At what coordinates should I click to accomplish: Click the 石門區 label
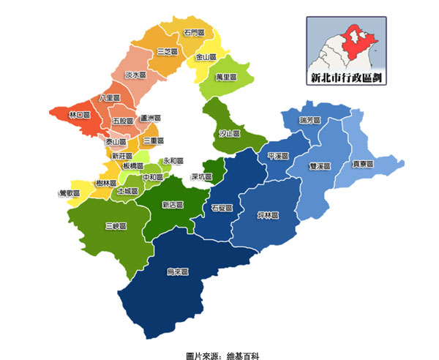point(194,34)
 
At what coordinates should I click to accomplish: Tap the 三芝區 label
point(168,51)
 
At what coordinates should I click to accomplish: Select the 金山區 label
point(206,56)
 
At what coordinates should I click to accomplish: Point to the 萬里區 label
point(227,77)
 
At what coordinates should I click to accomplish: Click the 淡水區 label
point(136,75)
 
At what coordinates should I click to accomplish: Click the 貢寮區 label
point(363,164)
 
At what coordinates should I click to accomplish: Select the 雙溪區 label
point(320,166)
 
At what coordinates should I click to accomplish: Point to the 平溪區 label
point(279,156)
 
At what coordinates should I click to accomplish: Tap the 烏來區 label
point(178,271)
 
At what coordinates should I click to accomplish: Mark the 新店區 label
point(173,204)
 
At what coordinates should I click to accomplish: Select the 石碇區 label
point(222,208)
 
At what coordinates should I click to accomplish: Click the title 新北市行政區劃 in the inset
point(345,77)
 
